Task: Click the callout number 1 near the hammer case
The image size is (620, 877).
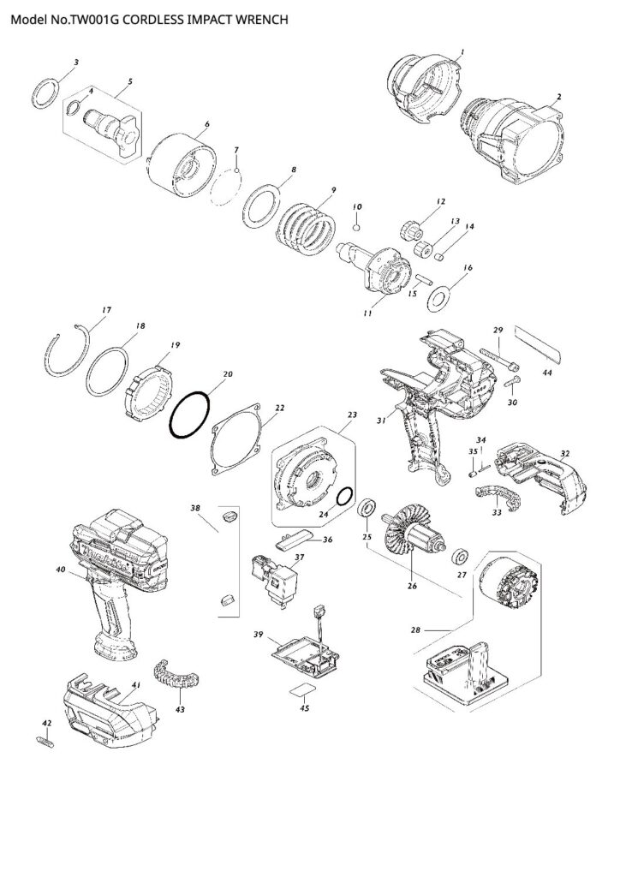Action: pyautogui.click(x=463, y=53)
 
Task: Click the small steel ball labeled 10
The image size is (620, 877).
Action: pyautogui.click(x=357, y=227)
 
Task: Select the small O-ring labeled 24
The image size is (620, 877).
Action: pyautogui.click(x=344, y=498)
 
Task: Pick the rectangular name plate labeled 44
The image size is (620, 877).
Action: pyautogui.click(x=536, y=346)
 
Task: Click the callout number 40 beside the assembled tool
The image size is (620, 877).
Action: pyautogui.click(x=60, y=569)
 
